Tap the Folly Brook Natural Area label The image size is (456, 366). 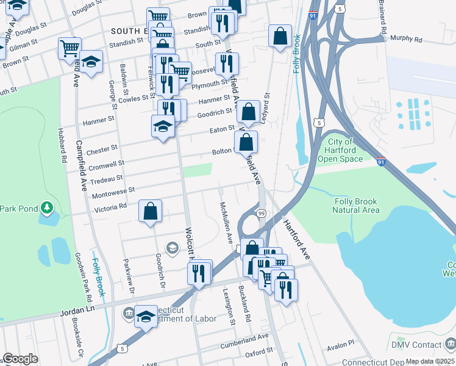click(x=356, y=206)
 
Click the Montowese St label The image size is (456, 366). click(x=113, y=193)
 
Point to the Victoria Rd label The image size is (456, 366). click(x=110, y=207)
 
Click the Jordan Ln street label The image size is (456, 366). click(x=79, y=312)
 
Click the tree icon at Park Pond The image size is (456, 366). click(x=47, y=209)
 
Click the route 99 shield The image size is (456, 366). click(x=261, y=213)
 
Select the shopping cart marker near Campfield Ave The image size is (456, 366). click(x=70, y=48)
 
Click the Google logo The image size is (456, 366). click(x=20, y=359)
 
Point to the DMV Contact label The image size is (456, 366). click(x=417, y=345)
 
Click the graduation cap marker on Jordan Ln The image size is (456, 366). click(x=146, y=317)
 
